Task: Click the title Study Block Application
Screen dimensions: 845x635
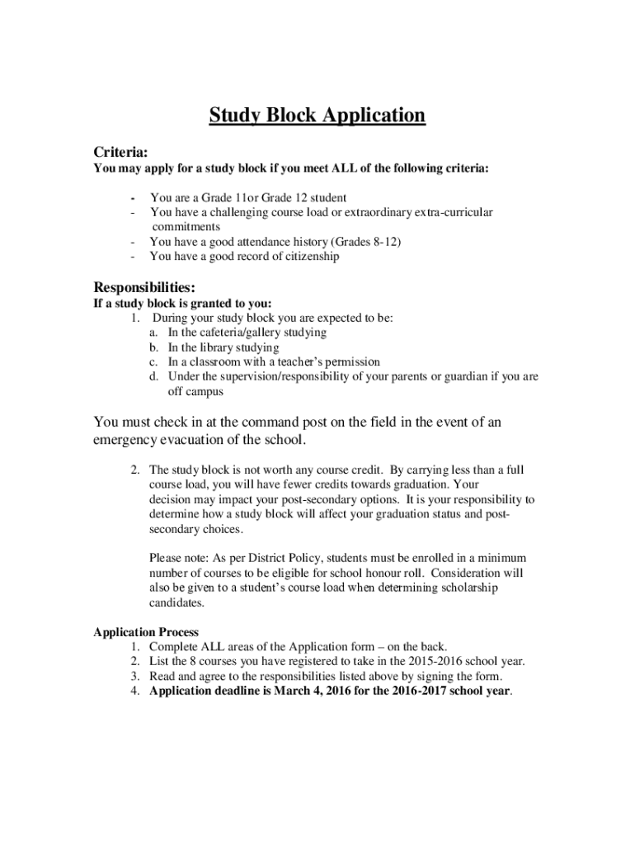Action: click(317, 115)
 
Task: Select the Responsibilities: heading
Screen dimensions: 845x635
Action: click(144, 287)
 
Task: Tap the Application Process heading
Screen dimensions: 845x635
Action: click(146, 632)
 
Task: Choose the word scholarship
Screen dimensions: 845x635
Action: click(449, 588)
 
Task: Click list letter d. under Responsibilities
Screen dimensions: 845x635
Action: click(154, 376)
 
